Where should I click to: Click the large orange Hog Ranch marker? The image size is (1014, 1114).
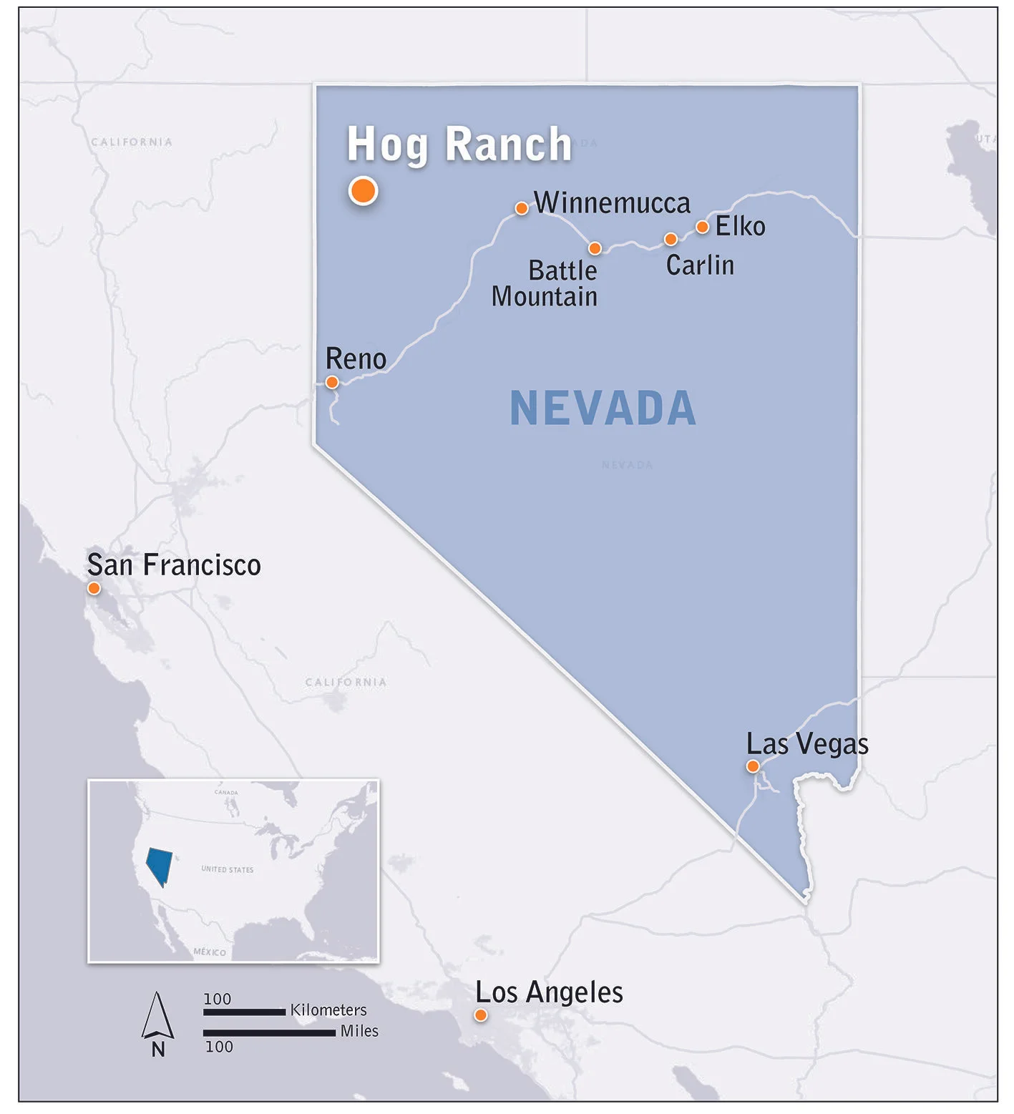coord(364,191)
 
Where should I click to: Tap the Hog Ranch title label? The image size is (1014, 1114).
coord(459,145)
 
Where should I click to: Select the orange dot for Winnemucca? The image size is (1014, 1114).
coord(522,208)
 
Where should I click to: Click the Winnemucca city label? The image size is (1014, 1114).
coord(612,203)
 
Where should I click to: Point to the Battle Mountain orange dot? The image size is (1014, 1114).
coord(595,248)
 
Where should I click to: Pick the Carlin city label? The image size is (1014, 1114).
coord(700,265)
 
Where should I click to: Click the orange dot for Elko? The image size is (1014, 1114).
coord(703,227)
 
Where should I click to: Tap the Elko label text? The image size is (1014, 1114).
coord(740,227)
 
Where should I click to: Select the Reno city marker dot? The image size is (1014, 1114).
coord(332,382)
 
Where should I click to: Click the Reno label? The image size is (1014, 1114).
coord(356,359)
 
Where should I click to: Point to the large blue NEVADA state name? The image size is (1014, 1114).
coord(603,409)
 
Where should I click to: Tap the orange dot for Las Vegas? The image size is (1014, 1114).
coord(753,766)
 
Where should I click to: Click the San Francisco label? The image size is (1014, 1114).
coord(174,565)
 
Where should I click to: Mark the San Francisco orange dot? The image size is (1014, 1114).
coord(94,588)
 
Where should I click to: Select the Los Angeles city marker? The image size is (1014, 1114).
coord(481,1015)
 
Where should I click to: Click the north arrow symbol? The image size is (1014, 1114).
coord(157,1016)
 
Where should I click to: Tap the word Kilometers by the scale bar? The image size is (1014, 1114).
coord(328,1010)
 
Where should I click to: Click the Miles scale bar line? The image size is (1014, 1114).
coord(269,1032)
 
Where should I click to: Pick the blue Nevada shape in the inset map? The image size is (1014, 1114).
coord(159,864)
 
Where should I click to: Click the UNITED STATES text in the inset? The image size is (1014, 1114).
coord(227,869)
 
